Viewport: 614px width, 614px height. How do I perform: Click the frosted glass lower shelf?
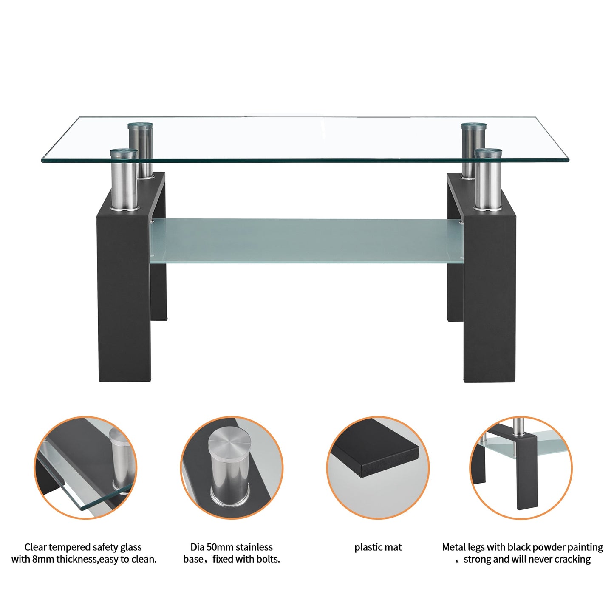[x=306, y=240]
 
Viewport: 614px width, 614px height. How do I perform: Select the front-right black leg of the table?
[x=489, y=297]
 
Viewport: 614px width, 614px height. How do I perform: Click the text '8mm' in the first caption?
[x=43, y=559]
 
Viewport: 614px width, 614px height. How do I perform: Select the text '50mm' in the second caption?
[x=220, y=547]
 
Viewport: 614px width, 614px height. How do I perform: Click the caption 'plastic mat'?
[x=378, y=547]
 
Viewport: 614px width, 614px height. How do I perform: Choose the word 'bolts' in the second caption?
[x=268, y=559]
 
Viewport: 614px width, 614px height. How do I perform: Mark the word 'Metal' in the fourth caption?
[x=454, y=547]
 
